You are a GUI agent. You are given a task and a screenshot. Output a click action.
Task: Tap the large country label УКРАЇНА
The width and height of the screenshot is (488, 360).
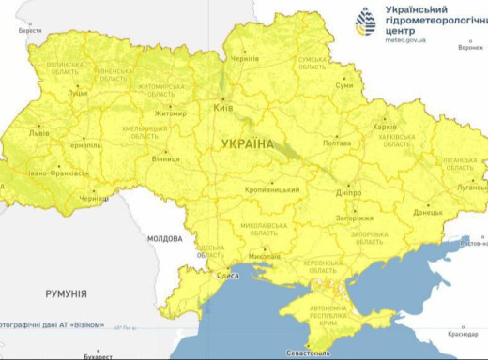pos(248,143)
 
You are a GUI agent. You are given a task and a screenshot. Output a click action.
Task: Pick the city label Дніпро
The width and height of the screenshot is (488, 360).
pos(348,192)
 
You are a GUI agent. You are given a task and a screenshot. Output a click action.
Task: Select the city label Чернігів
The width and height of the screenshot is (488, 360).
pos(246,57)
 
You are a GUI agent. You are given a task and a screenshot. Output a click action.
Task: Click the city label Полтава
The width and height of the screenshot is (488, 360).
pos(336,143)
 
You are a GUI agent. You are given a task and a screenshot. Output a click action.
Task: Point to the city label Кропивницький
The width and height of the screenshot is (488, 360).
pos(272,189)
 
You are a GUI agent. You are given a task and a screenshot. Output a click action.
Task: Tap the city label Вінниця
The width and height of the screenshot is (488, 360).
pos(165,158)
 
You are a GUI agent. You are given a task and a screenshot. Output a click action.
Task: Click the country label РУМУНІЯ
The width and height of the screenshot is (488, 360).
pos(66,293)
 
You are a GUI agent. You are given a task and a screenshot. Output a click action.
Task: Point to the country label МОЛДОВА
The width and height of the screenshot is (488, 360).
pos(165,238)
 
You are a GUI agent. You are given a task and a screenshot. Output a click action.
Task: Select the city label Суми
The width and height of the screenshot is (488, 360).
pos(344,85)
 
